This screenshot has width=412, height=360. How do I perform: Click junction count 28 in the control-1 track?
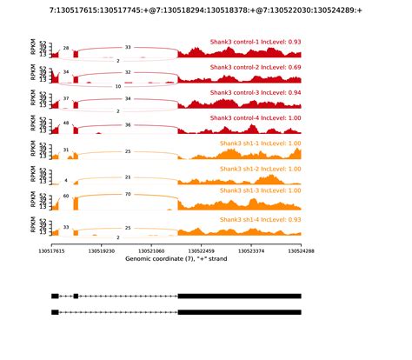click(x=66, y=49)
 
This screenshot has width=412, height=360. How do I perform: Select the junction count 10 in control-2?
click(x=118, y=87)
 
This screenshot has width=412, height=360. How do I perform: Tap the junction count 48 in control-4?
click(x=66, y=124)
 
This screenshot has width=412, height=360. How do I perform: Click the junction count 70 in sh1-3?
click(x=128, y=195)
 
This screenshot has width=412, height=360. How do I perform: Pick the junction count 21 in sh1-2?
click(x=128, y=177)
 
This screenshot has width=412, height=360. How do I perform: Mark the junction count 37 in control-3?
click(x=66, y=99)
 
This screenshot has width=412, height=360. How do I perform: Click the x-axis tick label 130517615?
click(x=52, y=250)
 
